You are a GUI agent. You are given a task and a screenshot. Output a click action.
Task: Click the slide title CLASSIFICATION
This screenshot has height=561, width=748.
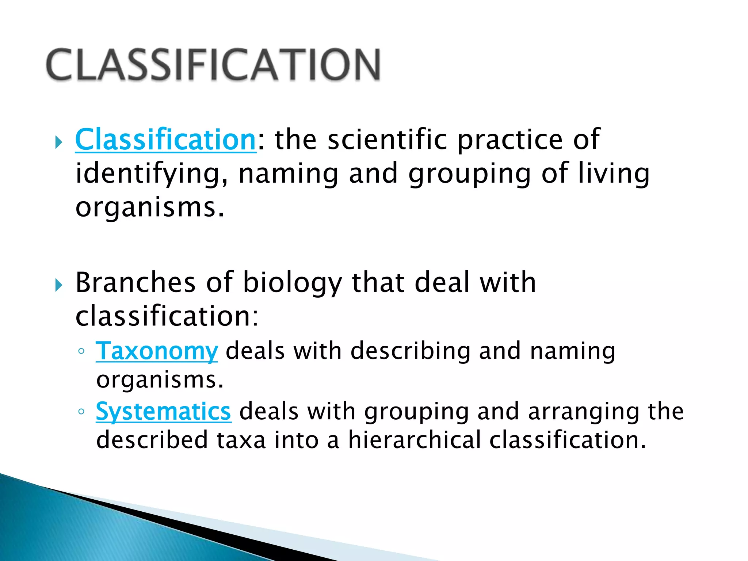214,65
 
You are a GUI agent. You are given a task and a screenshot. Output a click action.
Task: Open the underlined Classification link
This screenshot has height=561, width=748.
165,140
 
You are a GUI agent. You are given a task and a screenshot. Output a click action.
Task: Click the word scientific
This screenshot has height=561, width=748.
387,140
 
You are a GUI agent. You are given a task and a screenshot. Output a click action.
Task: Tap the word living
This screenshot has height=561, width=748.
614,174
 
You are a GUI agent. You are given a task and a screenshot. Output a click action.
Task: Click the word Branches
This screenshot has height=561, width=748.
136,282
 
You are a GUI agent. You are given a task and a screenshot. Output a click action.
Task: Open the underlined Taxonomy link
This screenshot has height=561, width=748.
157,351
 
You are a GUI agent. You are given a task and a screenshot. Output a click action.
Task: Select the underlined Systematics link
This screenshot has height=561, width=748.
163,412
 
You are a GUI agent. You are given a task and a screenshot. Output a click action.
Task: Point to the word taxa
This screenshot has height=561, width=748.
241,440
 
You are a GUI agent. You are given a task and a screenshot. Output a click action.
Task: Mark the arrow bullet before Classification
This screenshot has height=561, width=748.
59,142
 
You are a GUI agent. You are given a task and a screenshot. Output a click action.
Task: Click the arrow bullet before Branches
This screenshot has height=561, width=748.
59,285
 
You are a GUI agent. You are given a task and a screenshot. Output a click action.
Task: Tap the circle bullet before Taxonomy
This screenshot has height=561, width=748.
81,352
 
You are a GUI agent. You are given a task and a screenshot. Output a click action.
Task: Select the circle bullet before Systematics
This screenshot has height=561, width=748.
81,412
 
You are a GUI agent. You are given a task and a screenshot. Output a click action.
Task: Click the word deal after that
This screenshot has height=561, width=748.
442,282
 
